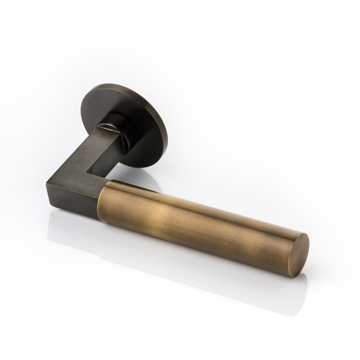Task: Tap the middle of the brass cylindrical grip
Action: pos(198,222)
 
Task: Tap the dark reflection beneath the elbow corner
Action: pos(60,222)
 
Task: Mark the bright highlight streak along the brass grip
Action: pos(180,207)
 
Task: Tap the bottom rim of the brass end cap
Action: pos(291,274)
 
